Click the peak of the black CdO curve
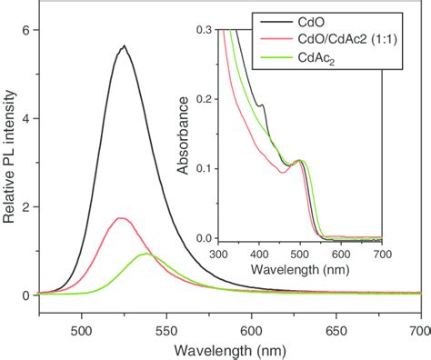tap(123, 46)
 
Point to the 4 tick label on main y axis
tap(25, 118)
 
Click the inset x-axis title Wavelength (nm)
tap(300, 269)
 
